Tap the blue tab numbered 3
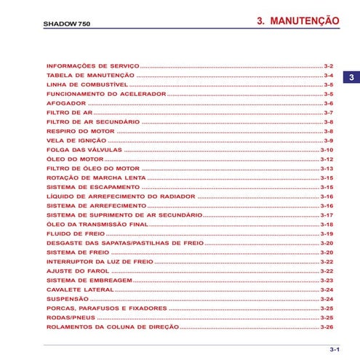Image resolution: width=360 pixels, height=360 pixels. (x=350, y=78)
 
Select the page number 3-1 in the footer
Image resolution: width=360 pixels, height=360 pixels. (x=335, y=350)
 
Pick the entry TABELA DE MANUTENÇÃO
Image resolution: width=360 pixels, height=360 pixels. (x=89, y=76)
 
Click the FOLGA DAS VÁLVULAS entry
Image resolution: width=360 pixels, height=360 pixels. (x=84, y=149)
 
